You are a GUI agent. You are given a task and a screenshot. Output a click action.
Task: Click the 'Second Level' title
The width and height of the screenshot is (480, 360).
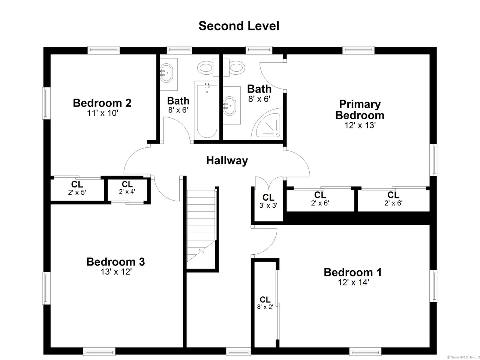238,26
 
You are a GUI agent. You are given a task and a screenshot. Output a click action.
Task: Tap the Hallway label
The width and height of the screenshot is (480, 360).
227,160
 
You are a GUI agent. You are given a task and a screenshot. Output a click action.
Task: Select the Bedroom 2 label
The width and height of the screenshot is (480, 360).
102,103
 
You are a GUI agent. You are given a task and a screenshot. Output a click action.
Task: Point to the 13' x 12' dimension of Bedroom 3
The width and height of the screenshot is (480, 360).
116,272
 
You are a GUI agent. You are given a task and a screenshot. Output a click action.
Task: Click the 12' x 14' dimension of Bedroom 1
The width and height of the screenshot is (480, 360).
353,282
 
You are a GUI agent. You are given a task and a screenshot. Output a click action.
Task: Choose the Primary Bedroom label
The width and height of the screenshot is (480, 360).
360,110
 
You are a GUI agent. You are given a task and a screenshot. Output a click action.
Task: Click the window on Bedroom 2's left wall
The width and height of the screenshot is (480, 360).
46,103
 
